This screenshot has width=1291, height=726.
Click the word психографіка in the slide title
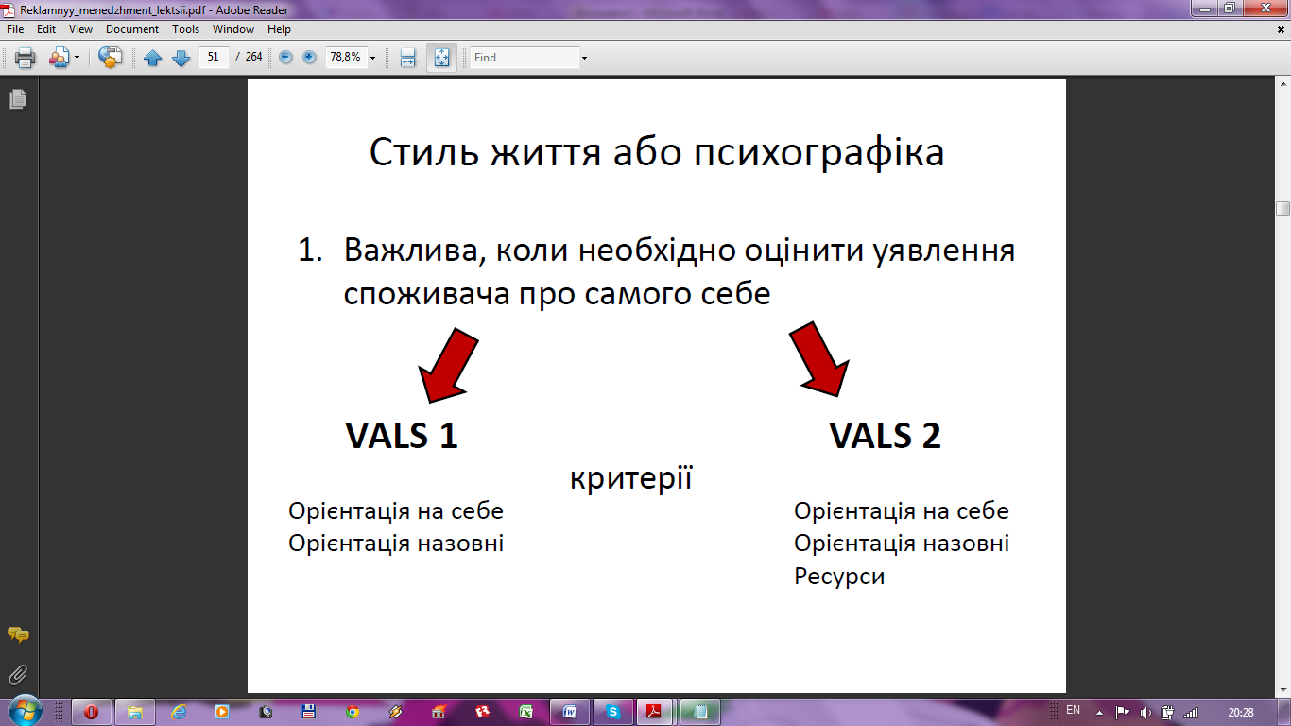(x=818, y=153)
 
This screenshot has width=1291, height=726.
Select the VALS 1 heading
(x=401, y=436)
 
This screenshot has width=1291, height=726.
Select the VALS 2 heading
(x=885, y=436)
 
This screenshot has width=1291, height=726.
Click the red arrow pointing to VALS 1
(x=448, y=365)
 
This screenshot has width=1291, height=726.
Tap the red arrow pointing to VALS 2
(x=819, y=359)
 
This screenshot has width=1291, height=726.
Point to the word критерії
(x=631, y=478)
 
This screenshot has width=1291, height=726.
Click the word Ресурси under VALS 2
(x=839, y=577)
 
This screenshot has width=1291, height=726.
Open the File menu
(x=15, y=29)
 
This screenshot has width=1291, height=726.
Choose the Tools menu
(x=185, y=29)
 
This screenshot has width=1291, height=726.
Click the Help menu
(x=279, y=29)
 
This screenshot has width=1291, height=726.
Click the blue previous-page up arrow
(x=153, y=57)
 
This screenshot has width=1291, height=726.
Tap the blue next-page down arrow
(x=181, y=57)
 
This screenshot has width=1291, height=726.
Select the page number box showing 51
(x=214, y=57)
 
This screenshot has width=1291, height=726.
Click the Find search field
(x=525, y=57)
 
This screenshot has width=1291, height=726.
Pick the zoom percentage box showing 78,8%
(x=346, y=57)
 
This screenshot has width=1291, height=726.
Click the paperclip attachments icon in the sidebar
(x=18, y=675)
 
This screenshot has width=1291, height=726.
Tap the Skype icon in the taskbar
(x=612, y=712)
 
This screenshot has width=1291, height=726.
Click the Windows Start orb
(x=25, y=711)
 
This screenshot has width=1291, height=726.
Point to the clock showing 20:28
(x=1240, y=713)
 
